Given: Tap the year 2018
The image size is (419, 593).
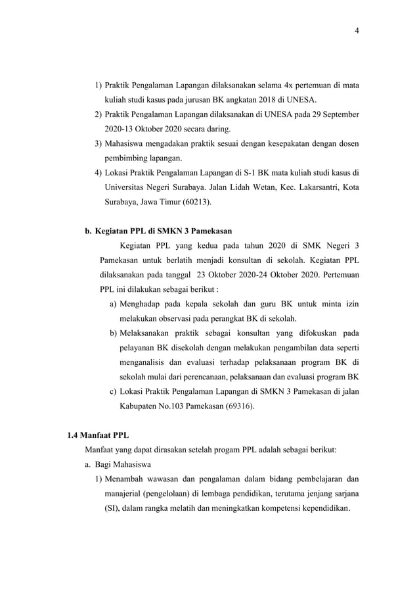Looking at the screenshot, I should click(x=246, y=100).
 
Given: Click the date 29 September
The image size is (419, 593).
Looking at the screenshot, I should click(x=334, y=114).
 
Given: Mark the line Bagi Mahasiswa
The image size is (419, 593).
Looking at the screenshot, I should click(x=118, y=465).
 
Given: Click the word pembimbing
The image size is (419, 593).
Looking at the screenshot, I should click(x=128, y=159).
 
